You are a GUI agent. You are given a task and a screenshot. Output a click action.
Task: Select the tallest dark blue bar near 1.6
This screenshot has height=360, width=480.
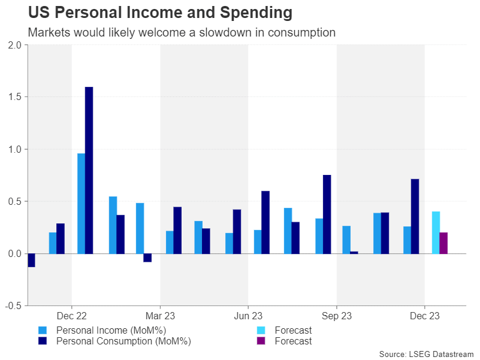(89, 170)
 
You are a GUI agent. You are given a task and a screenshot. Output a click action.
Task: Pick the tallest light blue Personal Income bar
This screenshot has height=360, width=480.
(81, 203)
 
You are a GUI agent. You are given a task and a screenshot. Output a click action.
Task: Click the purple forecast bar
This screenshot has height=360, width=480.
(443, 243)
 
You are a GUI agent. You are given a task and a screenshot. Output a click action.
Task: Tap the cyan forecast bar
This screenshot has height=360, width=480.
(436, 232)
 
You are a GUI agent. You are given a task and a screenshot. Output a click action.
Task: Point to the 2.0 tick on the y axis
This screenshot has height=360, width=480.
(13, 45)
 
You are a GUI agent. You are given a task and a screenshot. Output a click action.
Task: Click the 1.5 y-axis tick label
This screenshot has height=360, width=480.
(13, 97)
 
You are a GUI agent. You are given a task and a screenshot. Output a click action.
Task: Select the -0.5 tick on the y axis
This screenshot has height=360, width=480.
(12, 305)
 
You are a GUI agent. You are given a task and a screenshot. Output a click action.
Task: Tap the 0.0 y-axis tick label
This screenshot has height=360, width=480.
(13, 253)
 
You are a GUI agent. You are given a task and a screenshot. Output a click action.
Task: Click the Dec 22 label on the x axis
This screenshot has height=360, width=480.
(72, 316)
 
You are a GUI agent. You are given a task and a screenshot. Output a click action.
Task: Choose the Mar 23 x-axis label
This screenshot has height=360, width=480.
(160, 316)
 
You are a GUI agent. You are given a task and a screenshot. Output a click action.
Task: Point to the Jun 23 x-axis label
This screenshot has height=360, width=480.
(248, 316)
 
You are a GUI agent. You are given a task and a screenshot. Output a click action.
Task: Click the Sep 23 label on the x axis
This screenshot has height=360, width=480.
(337, 316)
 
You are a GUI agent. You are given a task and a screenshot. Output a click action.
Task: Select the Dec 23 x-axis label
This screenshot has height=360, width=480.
(425, 316)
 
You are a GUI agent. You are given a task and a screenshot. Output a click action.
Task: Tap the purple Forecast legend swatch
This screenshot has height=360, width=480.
(260, 341)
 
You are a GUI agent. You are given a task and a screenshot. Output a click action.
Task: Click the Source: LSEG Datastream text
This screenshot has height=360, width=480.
(425, 354)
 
